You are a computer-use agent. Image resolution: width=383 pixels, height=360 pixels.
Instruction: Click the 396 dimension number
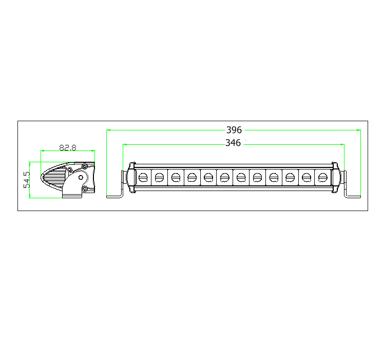pos(234,130)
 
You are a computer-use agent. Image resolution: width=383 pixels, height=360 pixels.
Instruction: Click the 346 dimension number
pos(233,143)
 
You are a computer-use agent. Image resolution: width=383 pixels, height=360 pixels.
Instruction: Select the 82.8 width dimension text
pos(68,148)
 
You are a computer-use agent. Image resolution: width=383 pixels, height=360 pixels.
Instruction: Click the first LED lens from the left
pos(143,178)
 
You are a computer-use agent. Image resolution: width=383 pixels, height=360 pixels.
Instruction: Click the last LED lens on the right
pos(323,178)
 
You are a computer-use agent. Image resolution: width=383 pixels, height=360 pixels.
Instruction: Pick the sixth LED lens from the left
pos(225,178)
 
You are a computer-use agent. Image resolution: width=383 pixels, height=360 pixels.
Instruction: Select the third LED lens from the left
pos(176,178)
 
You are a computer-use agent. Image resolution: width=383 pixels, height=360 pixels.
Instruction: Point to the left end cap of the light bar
pos(130,178)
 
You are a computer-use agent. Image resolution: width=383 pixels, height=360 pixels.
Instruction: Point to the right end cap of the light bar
pos(335,178)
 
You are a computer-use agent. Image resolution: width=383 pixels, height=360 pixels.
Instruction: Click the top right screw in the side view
pos(84,166)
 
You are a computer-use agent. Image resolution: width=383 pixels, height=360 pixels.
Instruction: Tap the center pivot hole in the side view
pos(81,177)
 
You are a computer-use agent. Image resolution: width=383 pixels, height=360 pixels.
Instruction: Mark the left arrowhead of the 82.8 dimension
pos(42,151)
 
